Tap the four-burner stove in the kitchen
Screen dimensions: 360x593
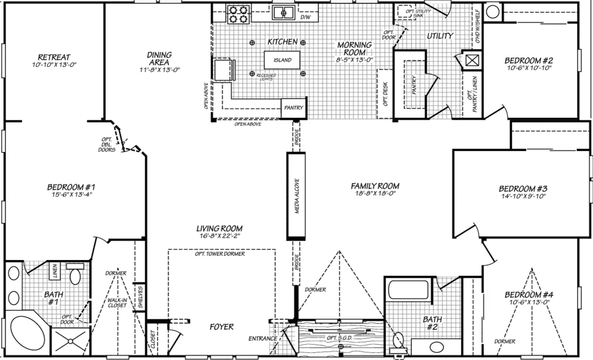tap(238, 14)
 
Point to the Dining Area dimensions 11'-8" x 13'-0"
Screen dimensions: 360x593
tap(159, 70)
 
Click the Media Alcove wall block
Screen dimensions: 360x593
tap(295, 196)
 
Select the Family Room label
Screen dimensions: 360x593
tap(375, 186)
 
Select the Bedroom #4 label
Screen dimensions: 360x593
tap(529, 295)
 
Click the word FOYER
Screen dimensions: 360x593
tap(222, 327)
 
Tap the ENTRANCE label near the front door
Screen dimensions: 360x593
tap(262, 339)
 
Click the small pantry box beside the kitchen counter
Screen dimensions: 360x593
tap(293, 108)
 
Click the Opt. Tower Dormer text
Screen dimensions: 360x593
tap(220, 254)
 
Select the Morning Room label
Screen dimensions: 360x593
tap(355, 48)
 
